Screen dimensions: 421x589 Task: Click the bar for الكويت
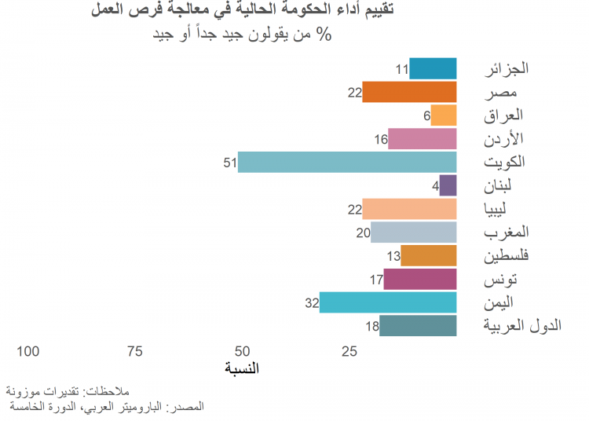point(347,163)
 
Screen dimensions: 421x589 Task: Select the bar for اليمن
point(388,302)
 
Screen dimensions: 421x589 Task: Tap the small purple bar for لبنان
point(448,186)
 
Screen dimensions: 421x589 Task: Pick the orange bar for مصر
point(409,92)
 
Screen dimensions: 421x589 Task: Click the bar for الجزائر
point(433,69)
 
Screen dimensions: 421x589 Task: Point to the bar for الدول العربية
point(418,326)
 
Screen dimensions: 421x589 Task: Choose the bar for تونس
point(420,279)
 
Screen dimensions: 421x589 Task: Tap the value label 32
point(312,303)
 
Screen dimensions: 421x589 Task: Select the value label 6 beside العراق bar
point(426,116)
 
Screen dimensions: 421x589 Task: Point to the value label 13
point(393,256)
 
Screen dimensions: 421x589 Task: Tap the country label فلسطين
point(504,256)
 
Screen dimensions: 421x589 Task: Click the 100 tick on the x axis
point(27,351)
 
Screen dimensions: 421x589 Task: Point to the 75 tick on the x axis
point(135,351)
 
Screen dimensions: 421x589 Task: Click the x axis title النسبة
point(242,368)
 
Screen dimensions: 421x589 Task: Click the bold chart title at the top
point(242,11)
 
